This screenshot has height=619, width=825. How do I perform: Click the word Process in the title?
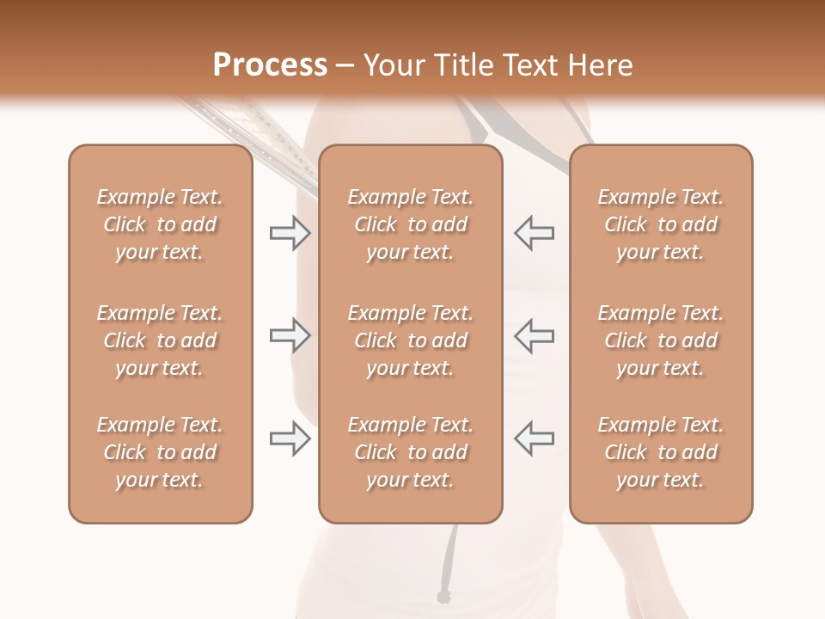click(x=270, y=64)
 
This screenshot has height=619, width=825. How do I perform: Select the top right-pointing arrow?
click(x=290, y=233)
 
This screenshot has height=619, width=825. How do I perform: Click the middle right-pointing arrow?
click(x=290, y=335)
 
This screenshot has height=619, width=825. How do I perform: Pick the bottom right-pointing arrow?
click(x=290, y=438)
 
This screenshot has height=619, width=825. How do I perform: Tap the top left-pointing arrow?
click(x=535, y=233)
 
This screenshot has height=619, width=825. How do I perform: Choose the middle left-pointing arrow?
click(x=535, y=335)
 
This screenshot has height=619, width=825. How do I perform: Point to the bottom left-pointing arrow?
click(x=535, y=438)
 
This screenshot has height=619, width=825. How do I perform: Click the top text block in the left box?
click(x=160, y=224)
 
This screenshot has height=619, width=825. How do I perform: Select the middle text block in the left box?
click(x=160, y=340)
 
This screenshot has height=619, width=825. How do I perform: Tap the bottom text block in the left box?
click(x=160, y=452)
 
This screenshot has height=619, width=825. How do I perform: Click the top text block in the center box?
click(x=410, y=224)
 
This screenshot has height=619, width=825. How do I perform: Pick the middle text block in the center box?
click(x=410, y=340)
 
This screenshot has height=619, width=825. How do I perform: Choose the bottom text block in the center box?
click(x=410, y=452)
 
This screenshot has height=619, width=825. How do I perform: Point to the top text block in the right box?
click(x=660, y=224)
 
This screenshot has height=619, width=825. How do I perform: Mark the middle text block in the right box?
click(x=660, y=340)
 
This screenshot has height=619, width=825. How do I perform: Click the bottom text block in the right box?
click(x=660, y=452)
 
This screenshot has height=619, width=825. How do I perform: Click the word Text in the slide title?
click(x=539, y=65)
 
